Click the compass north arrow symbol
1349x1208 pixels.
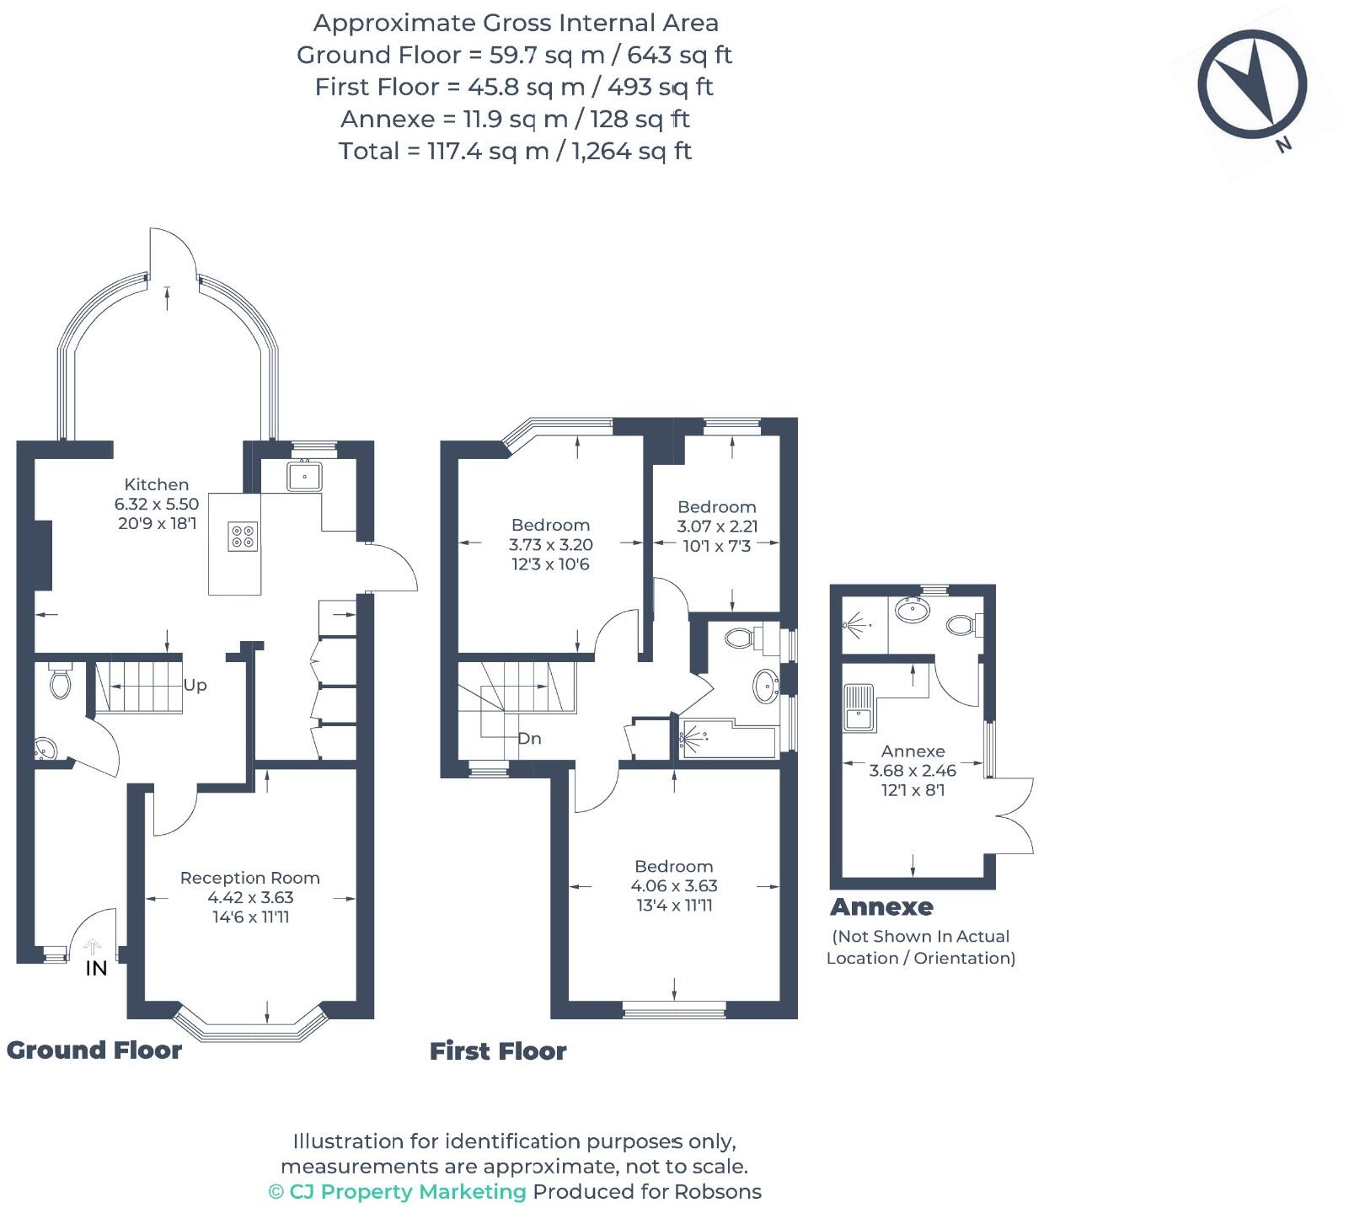(1253, 84)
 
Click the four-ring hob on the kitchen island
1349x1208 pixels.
(243, 537)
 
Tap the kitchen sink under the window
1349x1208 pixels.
(304, 477)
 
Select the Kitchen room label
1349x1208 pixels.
(157, 484)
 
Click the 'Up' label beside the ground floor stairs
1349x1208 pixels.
(195, 685)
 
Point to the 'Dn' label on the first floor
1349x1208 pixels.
(529, 739)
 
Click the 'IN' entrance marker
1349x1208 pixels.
(96, 968)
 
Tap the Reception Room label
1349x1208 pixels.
(250, 878)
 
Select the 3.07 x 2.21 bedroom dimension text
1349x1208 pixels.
(717, 526)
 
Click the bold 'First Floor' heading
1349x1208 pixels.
(498, 1051)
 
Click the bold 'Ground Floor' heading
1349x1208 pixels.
(94, 1050)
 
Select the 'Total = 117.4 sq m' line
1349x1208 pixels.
(515, 152)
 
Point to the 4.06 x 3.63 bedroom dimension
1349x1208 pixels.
(674, 886)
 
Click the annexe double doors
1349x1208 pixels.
(1014, 815)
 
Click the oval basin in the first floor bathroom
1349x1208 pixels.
(766, 686)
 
